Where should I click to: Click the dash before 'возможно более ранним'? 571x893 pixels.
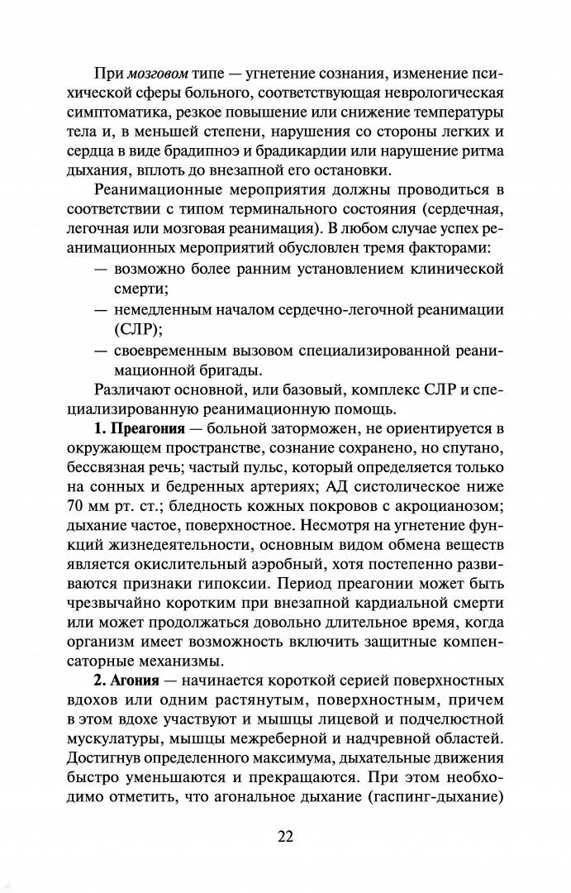click(x=101, y=269)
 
